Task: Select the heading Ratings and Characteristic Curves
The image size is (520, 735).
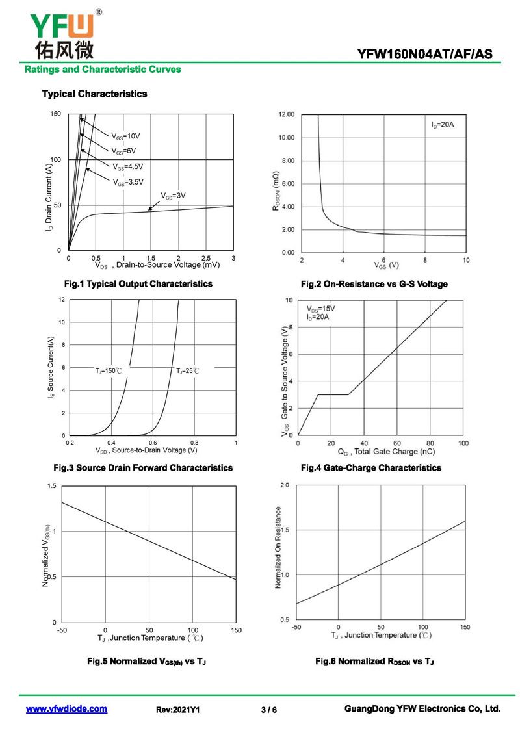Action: (x=102, y=70)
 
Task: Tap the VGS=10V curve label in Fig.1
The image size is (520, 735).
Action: (x=125, y=136)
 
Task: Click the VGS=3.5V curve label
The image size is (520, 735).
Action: (x=128, y=182)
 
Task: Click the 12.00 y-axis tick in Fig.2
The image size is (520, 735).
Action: (x=287, y=114)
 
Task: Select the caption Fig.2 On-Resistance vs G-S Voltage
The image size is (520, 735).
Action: (x=374, y=284)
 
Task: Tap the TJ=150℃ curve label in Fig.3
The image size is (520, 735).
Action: (x=109, y=370)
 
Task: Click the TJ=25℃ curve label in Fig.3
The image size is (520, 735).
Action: (x=187, y=370)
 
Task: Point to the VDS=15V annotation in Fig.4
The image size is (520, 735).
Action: (x=320, y=309)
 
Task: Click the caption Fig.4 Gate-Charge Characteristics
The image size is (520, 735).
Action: (x=362, y=467)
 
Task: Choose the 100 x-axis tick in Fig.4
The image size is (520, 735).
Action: (x=463, y=443)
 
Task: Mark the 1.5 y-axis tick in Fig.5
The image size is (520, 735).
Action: (x=52, y=486)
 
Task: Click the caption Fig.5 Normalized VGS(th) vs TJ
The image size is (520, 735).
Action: (x=146, y=661)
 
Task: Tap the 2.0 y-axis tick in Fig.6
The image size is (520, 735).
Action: (x=284, y=485)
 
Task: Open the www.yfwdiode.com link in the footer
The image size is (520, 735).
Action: (x=66, y=709)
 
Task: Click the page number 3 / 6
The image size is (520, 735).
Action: (x=268, y=710)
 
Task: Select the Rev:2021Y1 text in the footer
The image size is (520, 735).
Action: (x=178, y=710)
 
